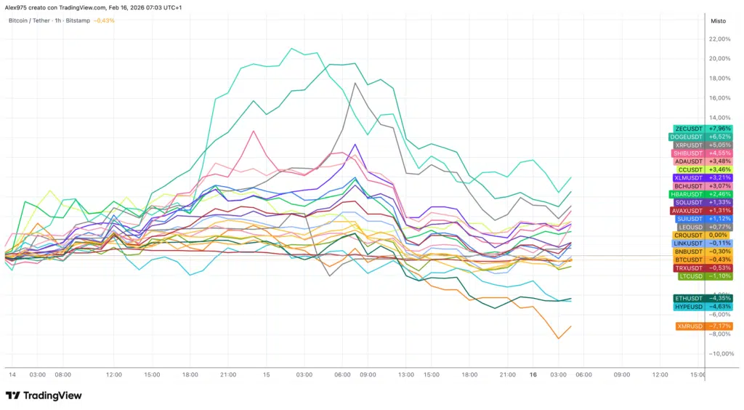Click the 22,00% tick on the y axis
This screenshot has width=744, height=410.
pyautogui.click(x=719, y=39)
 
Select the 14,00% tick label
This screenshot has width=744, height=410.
pyautogui.click(x=719, y=117)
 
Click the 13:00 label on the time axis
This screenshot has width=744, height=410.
pyautogui.click(x=406, y=375)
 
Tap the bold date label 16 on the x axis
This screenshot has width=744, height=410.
pyautogui.click(x=533, y=375)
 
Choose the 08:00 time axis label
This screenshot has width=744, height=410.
pyautogui.click(x=63, y=375)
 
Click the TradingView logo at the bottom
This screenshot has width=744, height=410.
pyautogui.click(x=44, y=396)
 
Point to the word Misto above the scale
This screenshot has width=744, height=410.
pyautogui.click(x=718, y=21)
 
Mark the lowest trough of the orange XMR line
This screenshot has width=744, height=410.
pyautogui.click(x=558, y=338)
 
